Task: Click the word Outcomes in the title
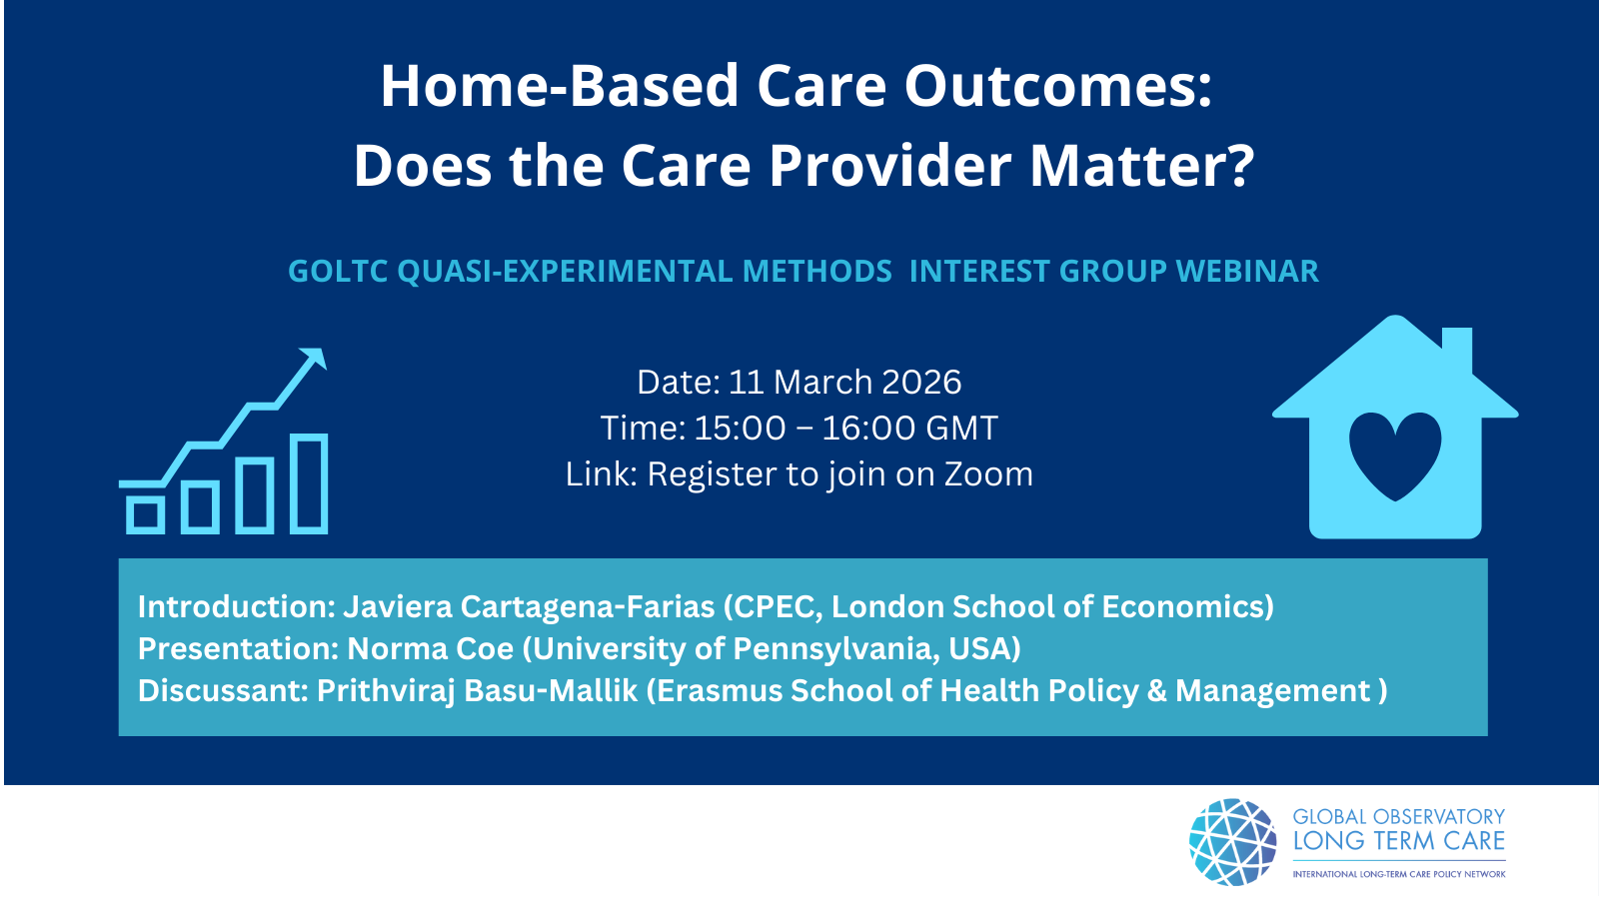[x=1058, y=86]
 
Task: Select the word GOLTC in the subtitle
[x=339, y=271]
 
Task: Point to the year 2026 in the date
[x=921, y=382]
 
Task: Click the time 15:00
[x=740, y=429]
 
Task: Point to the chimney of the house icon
[x=1457, y=350]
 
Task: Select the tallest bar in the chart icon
[x=309, y=483]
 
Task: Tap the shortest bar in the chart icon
[x=146, y=514]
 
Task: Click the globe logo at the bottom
[x=1233, y=842]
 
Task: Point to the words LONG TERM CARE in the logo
[x=1399, y=840]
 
